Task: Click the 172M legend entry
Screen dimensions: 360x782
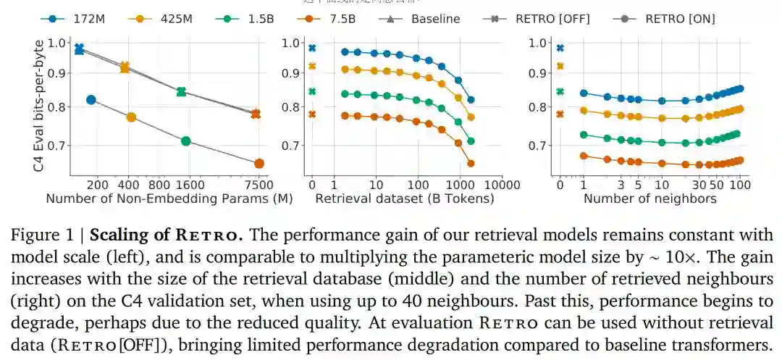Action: [77, 18]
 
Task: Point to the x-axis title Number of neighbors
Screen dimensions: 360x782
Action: [649, 198]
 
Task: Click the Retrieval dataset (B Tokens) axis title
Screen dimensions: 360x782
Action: [405, 198]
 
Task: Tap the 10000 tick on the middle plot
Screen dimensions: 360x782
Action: [500, 184]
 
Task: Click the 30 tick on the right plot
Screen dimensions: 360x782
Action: [699, 184]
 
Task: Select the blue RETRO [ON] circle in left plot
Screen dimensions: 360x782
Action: [91, 100]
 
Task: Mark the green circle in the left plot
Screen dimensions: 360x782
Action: [186, 141]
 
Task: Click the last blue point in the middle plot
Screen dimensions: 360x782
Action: [471, 100]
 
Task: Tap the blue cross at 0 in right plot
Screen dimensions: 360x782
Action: [560, 48]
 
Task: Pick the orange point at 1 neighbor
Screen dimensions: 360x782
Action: [584, 156]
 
